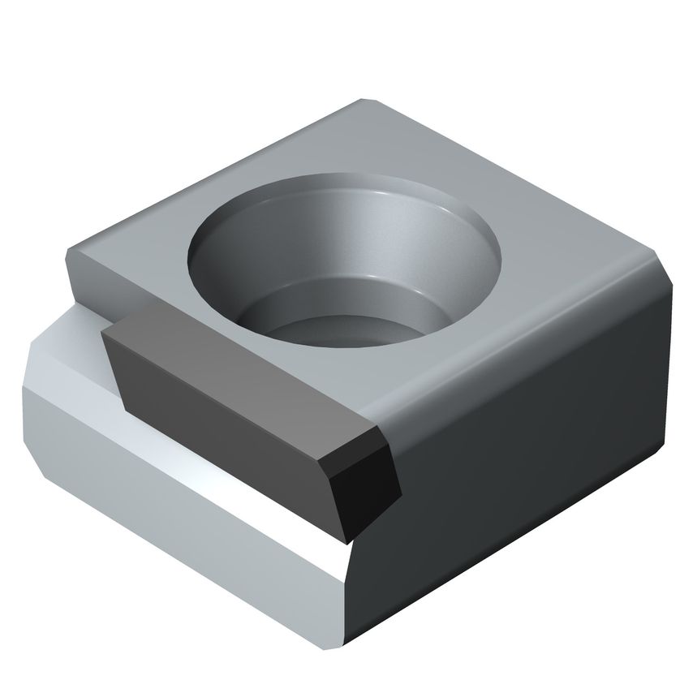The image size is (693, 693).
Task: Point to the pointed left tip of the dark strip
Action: (105, 333)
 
